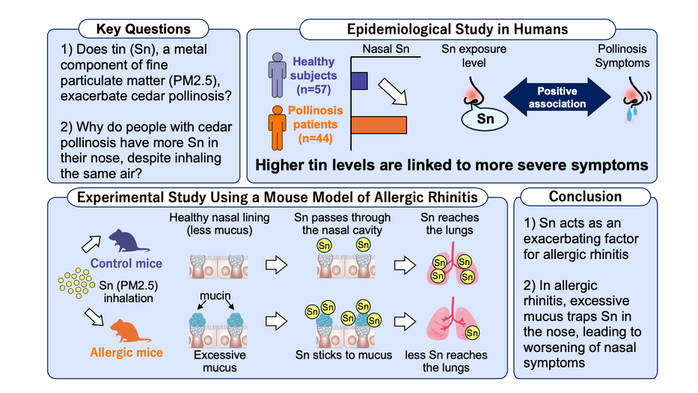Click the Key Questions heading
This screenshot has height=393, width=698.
coord(143,29)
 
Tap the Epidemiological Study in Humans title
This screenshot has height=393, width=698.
coord(457,29)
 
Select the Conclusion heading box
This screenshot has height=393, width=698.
coord(585,196)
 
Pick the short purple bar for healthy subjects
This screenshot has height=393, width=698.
coord(358,82)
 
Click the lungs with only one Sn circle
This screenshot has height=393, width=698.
coord(451,326)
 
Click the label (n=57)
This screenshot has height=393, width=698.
coord(315,90)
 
